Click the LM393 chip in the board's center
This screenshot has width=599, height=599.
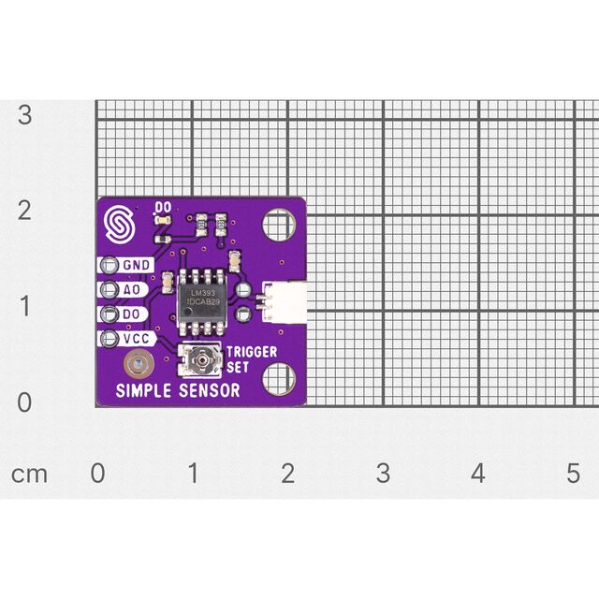point(201,300)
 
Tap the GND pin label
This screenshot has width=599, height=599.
point(137,265)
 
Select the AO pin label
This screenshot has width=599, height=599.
point(131,289)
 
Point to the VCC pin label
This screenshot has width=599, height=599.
point(136,339)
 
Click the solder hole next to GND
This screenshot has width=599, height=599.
point(110,265)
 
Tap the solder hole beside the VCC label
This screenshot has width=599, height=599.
point(110,339)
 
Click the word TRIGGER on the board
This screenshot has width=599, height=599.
point(252,352)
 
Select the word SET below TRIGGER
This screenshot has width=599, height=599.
point(237,367)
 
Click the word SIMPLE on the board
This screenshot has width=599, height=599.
point(143,390)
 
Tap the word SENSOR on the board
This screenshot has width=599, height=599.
point(210,390)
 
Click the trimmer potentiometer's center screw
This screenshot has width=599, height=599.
point(201,359)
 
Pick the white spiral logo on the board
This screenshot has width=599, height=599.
point(120,225)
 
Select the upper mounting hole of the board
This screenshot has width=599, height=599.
point(279,225)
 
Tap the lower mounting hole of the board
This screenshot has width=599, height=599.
point(279,379)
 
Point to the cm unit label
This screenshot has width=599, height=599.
point(29,475)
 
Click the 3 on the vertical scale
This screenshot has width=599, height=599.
point(25,114)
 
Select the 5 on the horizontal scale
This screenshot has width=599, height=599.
point(574,473)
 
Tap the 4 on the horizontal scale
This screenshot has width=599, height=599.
point(478,473)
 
